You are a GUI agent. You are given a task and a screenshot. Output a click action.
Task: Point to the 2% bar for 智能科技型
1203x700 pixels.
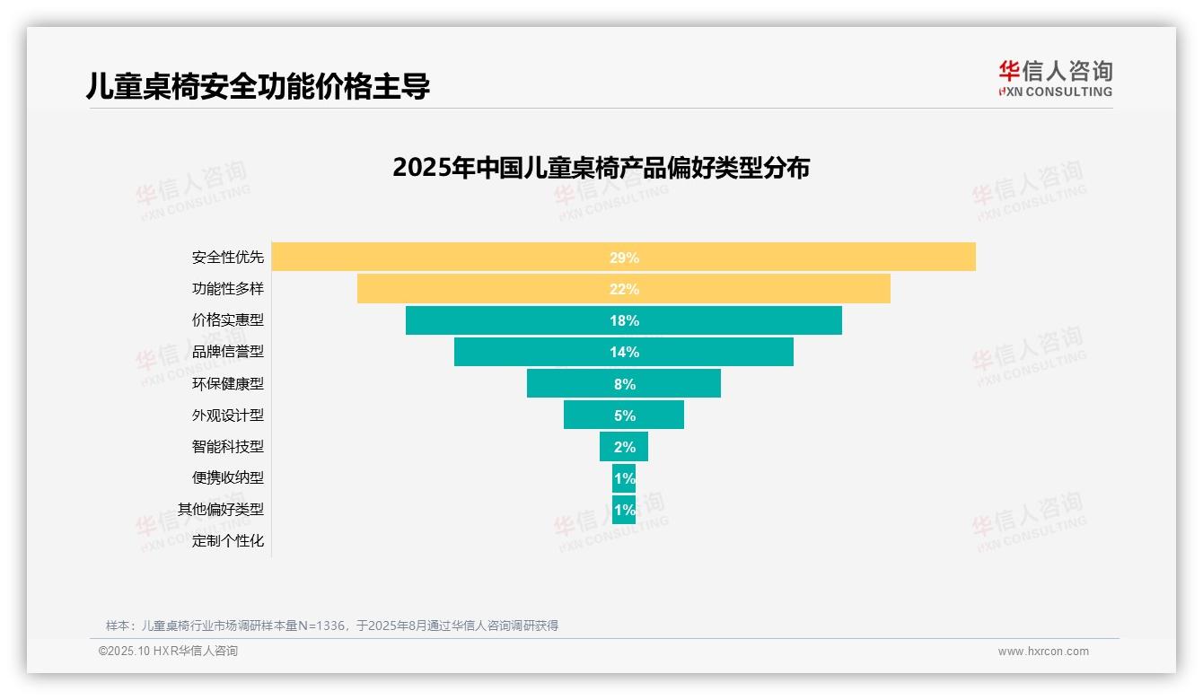(x=624, y=446)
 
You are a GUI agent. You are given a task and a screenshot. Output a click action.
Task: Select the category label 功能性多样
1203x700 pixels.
(x=228, y=289)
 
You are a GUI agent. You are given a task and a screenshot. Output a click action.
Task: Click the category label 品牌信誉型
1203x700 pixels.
(x=228, y=352)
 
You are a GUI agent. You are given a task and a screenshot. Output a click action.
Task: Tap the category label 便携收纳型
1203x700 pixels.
(x=228, y=477)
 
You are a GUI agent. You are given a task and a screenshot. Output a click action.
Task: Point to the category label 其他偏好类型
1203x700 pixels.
(x=221, y=509)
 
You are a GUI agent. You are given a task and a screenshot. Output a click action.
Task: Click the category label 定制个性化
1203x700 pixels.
(x=228, y=540)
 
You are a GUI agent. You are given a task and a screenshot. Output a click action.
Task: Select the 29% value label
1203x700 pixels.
(x=624, y=258)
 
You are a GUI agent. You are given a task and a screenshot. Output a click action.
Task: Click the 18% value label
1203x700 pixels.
(x=624, y=320)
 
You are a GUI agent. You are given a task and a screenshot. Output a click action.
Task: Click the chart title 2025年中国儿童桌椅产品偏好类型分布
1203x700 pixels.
(x=601, y=168)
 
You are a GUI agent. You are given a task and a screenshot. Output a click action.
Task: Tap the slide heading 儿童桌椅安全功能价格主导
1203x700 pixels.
(x=258, y=86)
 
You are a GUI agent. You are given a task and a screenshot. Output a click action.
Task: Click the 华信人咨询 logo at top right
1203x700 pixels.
(x=1055, y=78)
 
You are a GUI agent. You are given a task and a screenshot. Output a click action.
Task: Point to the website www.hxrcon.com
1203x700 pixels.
(x=1043, y=652)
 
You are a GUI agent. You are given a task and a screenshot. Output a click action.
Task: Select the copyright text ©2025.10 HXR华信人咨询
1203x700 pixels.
(x=168, y=652)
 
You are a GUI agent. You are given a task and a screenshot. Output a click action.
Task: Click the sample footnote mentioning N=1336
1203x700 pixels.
(x=332, y=626)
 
